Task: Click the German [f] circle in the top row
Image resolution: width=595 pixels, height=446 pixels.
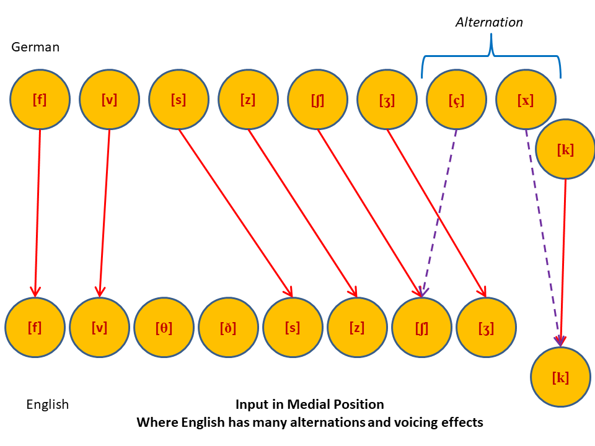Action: tap(40, 100)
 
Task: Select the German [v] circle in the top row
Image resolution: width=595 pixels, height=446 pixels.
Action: tap(109, 100)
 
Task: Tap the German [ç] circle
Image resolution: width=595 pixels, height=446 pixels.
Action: tap(457, 100)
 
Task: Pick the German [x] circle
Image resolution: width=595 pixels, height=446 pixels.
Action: tap(526, 100)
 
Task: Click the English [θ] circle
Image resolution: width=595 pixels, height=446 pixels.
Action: tap(164, 328)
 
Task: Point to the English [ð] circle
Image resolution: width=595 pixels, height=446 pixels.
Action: tap(228, 328)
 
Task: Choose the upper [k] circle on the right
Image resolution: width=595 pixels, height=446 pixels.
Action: tap(565, 149)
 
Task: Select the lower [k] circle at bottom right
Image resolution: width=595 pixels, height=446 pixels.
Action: tap(560, 377)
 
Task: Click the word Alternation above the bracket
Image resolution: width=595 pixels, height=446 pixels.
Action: tap(489, 22)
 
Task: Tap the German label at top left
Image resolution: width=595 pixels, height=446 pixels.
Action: tap(35, 47)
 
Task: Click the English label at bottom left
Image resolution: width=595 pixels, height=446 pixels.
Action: tap(47, 404)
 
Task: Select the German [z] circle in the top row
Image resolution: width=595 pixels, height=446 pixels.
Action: tap(248, 100)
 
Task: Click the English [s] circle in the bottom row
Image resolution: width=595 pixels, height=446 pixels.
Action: tap(293, 328)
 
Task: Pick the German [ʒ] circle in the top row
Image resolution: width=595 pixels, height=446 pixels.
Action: tap(387, 100)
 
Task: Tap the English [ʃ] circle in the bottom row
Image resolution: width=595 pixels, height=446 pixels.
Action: tap(421, 328)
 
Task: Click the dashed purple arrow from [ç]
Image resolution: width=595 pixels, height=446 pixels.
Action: tap(440, 211)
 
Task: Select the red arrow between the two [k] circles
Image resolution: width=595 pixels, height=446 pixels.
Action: tap(563, 260)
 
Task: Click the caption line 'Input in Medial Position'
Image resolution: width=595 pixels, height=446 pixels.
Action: tap(309, 404)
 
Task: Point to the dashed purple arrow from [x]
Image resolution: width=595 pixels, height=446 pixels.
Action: tap(542, 235)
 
